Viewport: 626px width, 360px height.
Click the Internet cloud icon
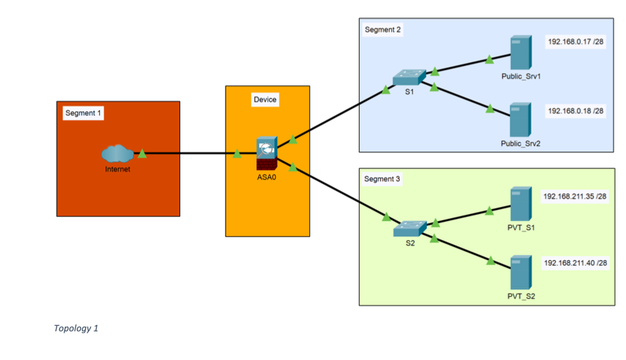(x=117, y=154)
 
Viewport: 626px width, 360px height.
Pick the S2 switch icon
(x=409, y=229)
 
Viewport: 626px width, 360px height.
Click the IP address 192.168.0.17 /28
(x=576, y=41)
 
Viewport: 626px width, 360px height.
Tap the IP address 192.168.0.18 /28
(x=576, y=111)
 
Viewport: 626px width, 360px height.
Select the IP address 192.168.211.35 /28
(x=575, y=196)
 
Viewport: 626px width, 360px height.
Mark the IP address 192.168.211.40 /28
(x=575, y=263)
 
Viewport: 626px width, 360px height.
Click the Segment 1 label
(x=83, y=113)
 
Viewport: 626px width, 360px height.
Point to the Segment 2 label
(x=383, y=29)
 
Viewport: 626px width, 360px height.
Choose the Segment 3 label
(x=382, y=179)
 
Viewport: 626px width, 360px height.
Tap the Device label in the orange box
(x=265, y=99)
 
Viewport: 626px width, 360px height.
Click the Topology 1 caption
(x=75, y=328)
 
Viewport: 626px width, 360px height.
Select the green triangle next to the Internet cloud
(x=142, y=153)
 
